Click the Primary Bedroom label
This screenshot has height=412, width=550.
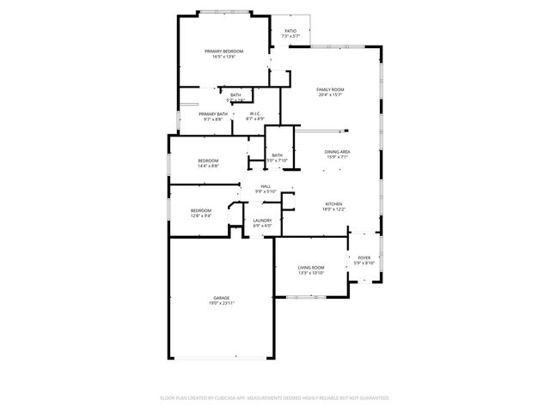pos(220,51)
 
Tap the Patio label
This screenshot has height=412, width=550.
pos(291,31)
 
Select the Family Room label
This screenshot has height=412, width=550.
pos(330,89)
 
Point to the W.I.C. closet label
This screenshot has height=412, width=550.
pos(255,113)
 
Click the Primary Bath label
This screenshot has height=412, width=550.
pos(213,113)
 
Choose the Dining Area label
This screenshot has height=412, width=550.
pos(337,152)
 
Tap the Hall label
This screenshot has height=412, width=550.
pos(266,186)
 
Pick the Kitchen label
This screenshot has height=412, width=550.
pos(333,204)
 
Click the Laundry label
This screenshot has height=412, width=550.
pos(262,221)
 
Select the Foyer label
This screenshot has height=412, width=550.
pos(364,257)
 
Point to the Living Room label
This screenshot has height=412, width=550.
pos(311,268)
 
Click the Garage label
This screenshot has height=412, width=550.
pos(222,298)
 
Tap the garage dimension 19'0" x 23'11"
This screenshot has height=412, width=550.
pos(222,303)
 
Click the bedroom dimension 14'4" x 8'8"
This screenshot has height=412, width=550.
pos(209,166)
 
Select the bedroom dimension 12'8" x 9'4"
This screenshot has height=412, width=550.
pos(201,215)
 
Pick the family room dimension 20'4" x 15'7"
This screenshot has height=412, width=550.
pos(330,94)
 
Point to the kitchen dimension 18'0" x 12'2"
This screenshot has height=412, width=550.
pos(333,209)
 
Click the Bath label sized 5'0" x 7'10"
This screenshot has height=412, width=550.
pos(277,161)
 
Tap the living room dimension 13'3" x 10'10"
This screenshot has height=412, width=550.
pos(311,273)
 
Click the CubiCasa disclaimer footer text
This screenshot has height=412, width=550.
pos(275,398)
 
